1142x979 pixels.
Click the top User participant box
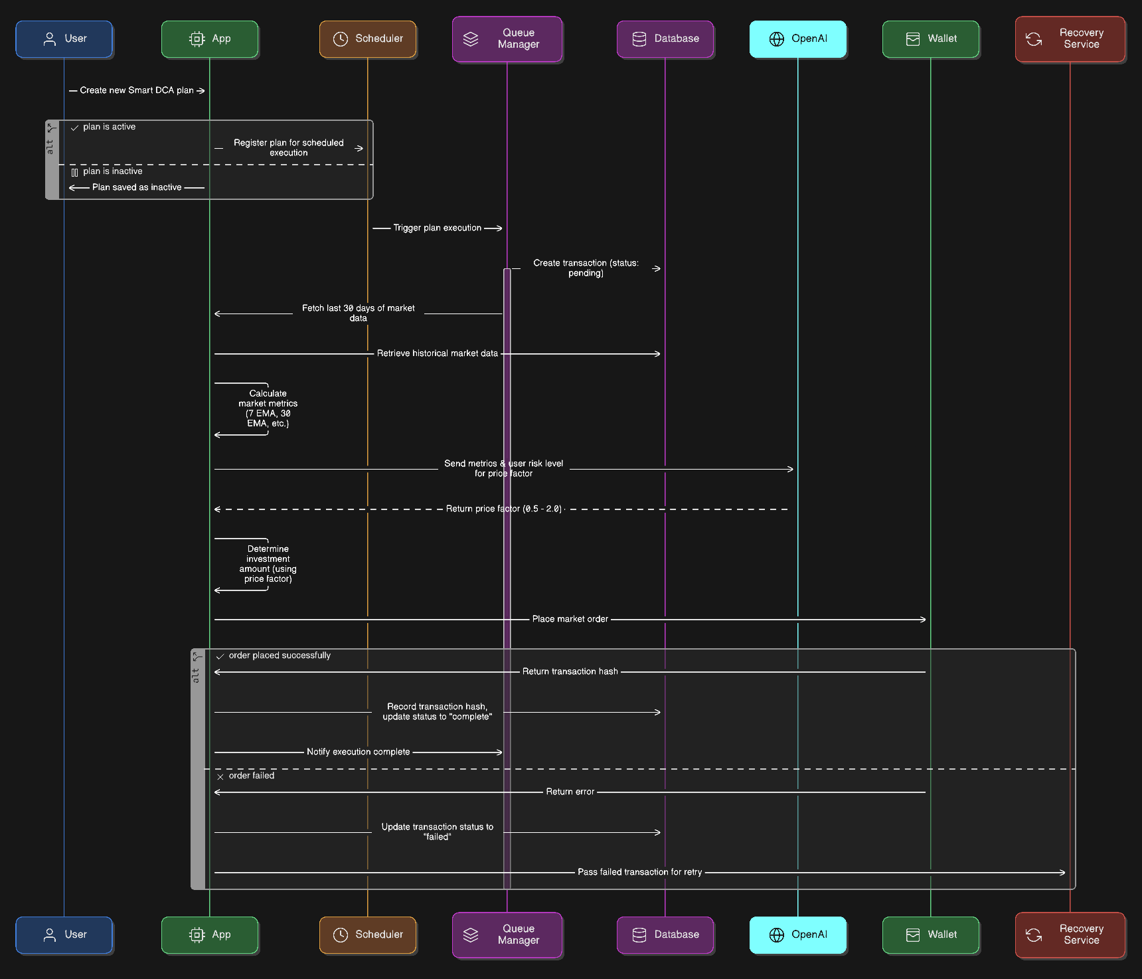point(64,39)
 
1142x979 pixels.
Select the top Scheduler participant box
point(368,39)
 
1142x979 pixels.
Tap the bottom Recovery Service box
point(1070,934)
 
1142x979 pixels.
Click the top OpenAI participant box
point(797,39)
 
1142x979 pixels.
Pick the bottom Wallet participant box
point(930,934)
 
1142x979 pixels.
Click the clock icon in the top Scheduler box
point(341,39)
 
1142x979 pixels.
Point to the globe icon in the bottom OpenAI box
point(776,934)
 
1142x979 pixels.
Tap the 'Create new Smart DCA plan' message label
point(137,90)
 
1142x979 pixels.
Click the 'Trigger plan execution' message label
point(437,228)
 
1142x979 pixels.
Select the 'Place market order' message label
point(570,619)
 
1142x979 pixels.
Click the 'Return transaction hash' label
point(570,671)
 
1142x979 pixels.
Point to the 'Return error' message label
point(570,792)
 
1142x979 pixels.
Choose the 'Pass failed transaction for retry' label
point(639,872)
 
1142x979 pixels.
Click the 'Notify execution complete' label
point(358,752)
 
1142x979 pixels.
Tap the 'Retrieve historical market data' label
point(437,353)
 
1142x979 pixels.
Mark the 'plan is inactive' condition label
point(112,171)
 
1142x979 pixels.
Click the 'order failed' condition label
point(251,776)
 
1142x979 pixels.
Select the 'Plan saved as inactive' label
point(137,187)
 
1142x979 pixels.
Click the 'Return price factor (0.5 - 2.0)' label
point(503,509)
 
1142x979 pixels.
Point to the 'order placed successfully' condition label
point(280,656)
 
